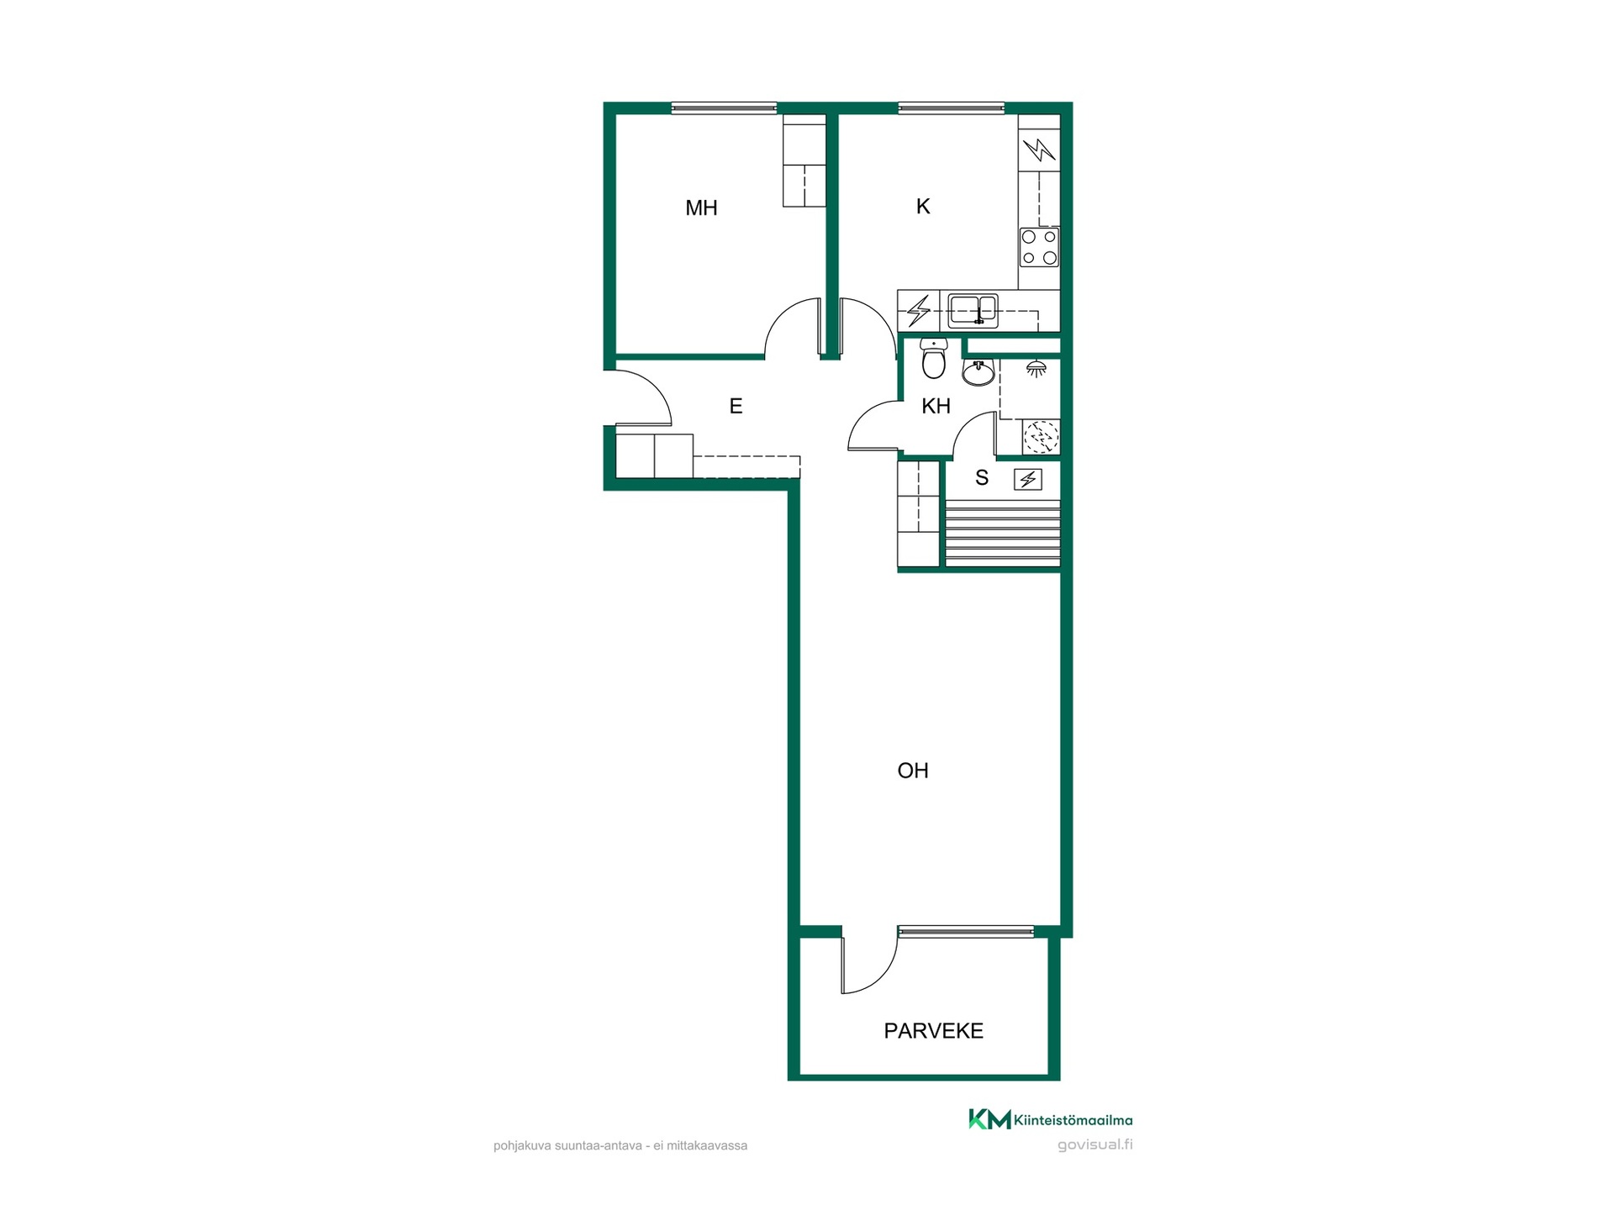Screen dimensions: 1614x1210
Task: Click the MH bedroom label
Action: pyautogui.click(x=701, y=208)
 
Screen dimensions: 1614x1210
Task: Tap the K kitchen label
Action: pyautogui.click(x=923, y=206)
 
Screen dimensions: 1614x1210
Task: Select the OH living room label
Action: pyautogui.click(x=913, y=771)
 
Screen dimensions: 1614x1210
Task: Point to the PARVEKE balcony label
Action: pyautogui.click(x=933, y=1031)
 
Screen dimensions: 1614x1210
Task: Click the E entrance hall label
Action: pyautogui.click(x=736, y=407)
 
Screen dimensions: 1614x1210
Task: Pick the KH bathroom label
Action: pyautogui.click(x=936, y=407)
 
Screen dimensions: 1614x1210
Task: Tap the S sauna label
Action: pyautogui.click(x=982, y=478)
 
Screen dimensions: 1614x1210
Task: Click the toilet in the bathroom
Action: pyautogui.click(x=934, y=358)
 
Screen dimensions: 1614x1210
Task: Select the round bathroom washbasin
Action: pyautogui.click(x=978, y=372)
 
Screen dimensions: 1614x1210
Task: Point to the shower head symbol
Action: pyautogui.click(x=1036, y=368)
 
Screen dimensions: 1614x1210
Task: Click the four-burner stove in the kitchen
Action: pyautogui.click(x=1039, y=247)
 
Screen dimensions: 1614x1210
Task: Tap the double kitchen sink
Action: pyautogui.click(x=973, y=311)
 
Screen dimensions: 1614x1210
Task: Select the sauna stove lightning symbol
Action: pyautogui.click(x=1028, y=479)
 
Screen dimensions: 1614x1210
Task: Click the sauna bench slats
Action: pyautogui.click(x=1003, y=534)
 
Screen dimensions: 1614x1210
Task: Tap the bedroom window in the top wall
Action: pyautogui.click(x=724, y=108)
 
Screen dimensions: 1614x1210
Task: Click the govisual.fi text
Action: pyautogui.click(x=1094, y=1144)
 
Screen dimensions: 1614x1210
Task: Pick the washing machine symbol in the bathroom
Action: pyautogui.click(x=1041, y=437)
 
